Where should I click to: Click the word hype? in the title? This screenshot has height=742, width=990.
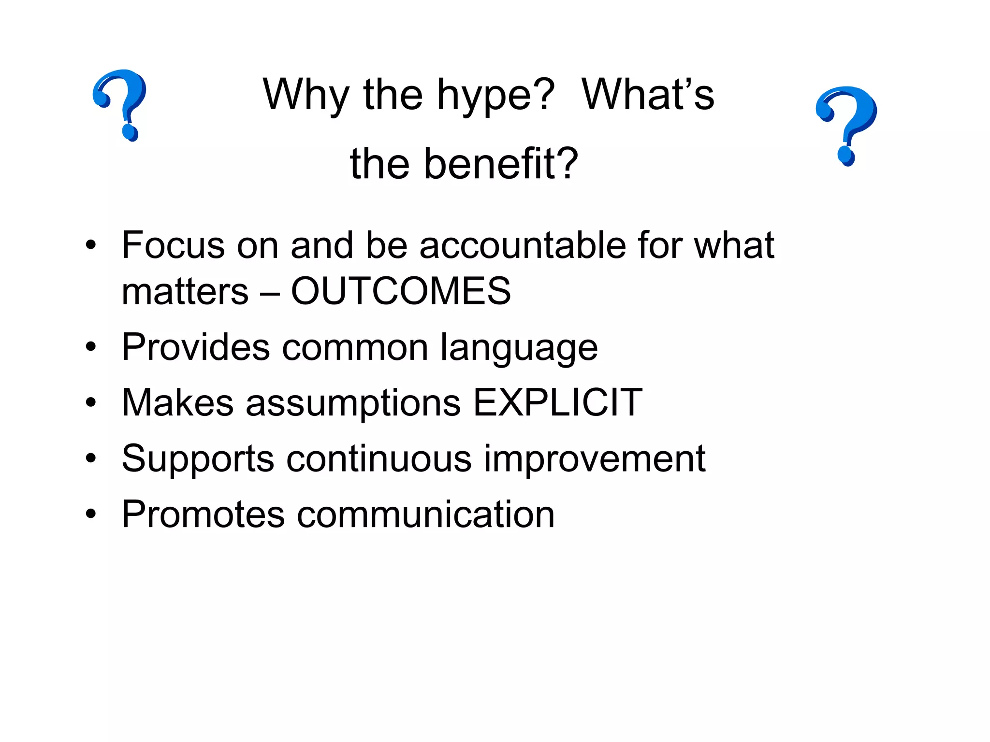495,96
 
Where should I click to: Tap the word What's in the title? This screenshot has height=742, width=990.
648,95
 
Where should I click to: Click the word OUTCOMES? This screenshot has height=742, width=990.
401,291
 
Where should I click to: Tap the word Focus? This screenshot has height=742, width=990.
173,245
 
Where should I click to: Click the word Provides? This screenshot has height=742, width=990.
196,347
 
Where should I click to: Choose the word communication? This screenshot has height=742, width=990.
425,514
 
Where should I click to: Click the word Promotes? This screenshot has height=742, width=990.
203,514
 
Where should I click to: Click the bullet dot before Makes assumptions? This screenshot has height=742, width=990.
91,402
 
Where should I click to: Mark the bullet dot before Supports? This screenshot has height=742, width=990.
91,458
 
